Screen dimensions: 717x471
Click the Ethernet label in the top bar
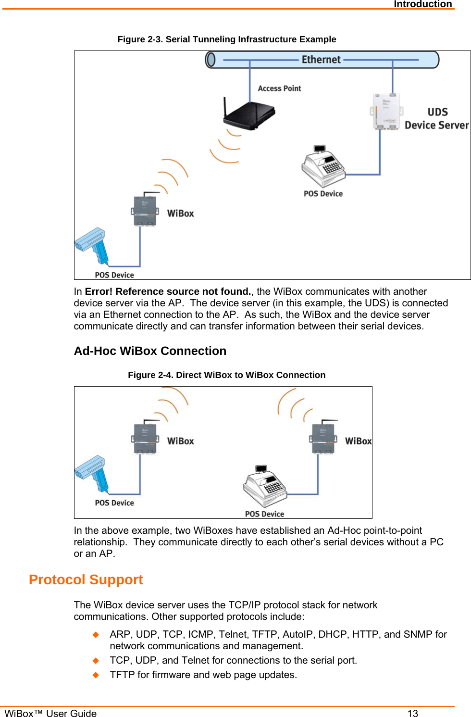(321, 60)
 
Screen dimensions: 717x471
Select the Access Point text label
(279, 88)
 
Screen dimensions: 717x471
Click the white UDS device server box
(386, 112)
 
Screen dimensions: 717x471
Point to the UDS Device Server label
(436, 119)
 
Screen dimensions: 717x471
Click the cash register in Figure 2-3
(323, 167)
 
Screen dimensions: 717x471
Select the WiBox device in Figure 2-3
(145, 210)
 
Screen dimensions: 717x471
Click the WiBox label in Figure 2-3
(180, 214)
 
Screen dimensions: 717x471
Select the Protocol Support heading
(86, 579)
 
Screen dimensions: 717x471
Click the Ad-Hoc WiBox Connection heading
(150, 351)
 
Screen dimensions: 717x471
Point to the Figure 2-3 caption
(227, 39)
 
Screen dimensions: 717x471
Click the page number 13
(412, 713)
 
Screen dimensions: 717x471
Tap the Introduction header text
(422, 4)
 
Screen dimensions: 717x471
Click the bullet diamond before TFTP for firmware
(96, 675)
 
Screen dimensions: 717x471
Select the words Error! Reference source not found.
(168, 291)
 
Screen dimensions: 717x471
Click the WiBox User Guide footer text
(50, 713)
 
